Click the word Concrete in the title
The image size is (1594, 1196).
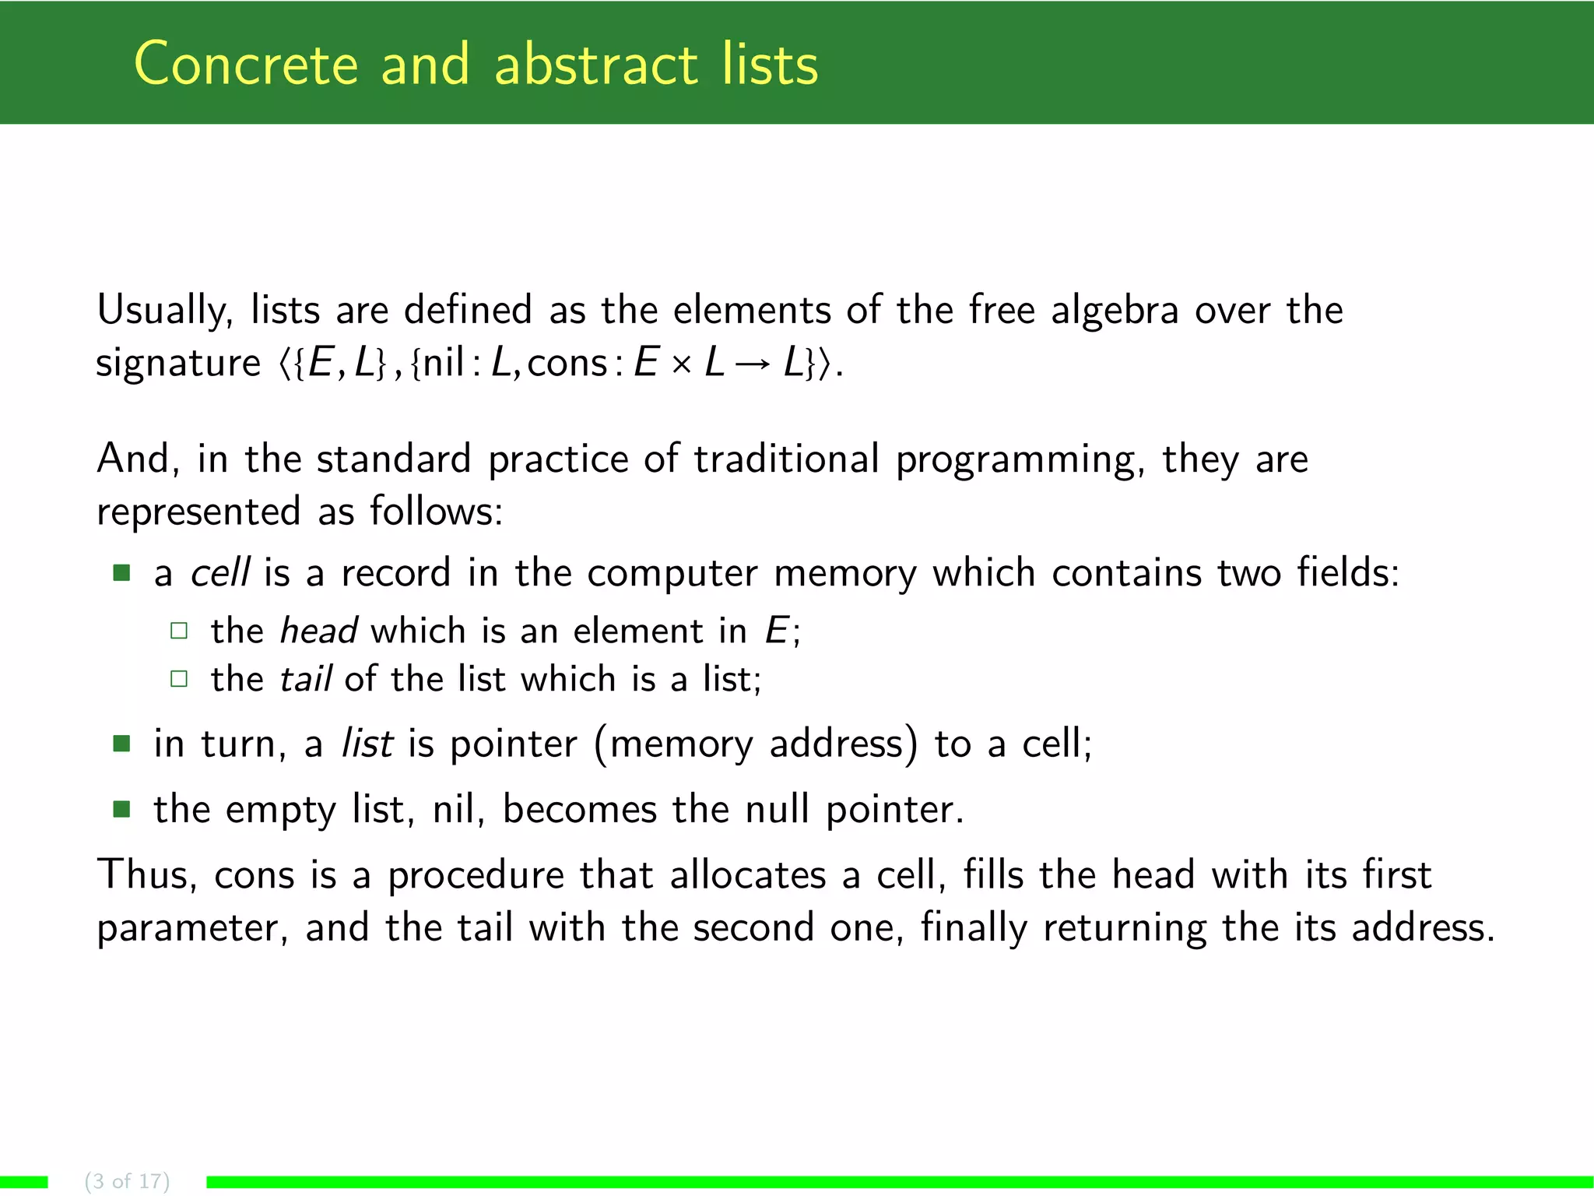246,65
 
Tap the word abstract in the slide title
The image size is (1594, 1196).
595,65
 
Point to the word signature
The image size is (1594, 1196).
178,364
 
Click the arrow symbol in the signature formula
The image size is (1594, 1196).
753,364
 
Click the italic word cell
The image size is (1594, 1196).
219,573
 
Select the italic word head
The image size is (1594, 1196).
318,631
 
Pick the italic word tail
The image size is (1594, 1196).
306,679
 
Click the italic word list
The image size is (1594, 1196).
367,744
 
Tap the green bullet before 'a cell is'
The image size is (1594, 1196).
121,574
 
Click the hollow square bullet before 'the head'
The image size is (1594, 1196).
179,631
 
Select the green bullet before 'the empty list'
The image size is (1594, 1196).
121,809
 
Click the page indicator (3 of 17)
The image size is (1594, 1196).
127,1181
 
